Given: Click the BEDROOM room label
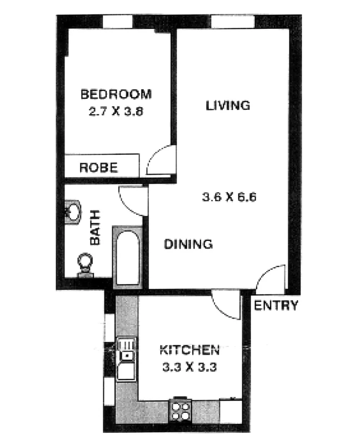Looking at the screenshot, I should [116, 94].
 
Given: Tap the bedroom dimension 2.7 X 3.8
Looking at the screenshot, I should [116, 110].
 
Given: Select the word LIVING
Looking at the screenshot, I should [227, 105].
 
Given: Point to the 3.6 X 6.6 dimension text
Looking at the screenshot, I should [228, 197].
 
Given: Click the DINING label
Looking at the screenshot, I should [188, 244].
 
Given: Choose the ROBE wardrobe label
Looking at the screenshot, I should [98, 167].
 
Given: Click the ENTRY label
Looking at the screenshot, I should [277, 305].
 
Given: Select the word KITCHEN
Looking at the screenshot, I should [187, 350].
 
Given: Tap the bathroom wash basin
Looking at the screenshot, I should [71, 212].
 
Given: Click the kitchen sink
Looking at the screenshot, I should [127, 358].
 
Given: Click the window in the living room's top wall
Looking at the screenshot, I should [233, 22].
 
